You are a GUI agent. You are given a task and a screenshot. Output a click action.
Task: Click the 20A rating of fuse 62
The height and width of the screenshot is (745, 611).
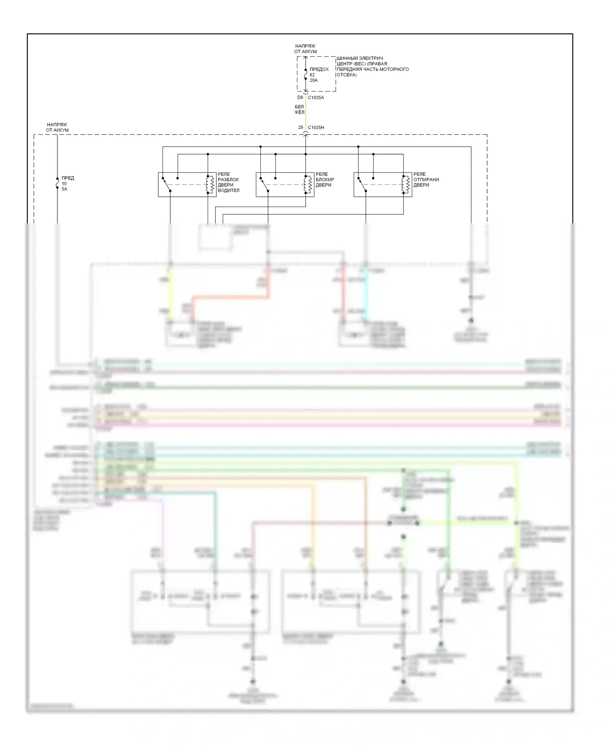(x=313, y=80)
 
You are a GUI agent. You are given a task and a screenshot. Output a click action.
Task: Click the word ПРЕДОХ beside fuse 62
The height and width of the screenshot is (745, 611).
(x=319, y=69)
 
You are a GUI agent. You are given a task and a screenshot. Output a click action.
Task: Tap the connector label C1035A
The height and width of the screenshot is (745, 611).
(x=316, y=98)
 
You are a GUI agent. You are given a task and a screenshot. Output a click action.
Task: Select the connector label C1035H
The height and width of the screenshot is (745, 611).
(x=316, y=128)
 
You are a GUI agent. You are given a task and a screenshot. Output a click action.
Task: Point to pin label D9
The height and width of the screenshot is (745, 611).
(x=300, y=98)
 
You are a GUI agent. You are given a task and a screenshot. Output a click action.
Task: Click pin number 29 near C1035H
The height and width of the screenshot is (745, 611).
(x=301, y=128)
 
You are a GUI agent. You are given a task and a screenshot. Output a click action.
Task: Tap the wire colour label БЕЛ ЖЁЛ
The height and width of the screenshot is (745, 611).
(x=299, y=110)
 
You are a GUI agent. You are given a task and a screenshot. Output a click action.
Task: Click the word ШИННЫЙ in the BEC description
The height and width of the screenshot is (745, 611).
(x=346, y=58)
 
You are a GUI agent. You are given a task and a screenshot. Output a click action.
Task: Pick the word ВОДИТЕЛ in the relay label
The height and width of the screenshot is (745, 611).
(x=229, y=190)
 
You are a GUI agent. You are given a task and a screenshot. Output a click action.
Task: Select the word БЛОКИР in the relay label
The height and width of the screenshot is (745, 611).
(x=325, y=179)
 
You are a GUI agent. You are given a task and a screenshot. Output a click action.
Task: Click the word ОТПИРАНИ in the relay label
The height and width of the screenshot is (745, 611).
(x=426, y=179)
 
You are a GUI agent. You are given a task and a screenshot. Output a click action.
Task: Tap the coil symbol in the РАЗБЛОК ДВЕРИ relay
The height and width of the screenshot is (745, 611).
(x=211, y=185)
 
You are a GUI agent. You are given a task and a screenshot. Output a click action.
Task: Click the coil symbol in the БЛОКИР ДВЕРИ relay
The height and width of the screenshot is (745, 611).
(x=308, y=185)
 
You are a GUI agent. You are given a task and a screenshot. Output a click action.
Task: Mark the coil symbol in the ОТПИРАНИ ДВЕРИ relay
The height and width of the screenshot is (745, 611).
(x=406, y=185)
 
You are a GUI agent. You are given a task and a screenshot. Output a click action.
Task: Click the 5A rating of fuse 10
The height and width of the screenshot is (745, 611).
(x=64, y=189)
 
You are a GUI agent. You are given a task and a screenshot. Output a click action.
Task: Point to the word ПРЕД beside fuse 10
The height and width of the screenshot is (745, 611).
(x=68, y=178)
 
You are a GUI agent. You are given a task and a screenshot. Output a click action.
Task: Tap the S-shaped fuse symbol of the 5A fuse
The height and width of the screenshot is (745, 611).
(x=57, y=183)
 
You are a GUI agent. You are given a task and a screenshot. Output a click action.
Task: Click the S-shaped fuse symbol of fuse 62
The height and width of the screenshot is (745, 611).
(x=305, y=74)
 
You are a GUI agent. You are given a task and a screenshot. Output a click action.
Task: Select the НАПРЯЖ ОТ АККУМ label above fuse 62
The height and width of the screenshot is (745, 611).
(x=305, y=49)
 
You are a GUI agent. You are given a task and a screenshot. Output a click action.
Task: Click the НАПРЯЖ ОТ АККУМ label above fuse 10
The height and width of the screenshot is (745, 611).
(x=57, y=128)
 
